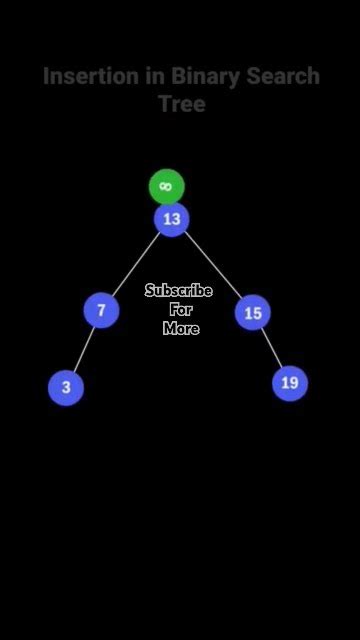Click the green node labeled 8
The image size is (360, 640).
coord(167,186)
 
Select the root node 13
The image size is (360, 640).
coord(172,219)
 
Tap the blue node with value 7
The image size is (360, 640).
coord(101,310)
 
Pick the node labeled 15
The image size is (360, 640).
coord(253,313)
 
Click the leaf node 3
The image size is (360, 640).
coord(66,387)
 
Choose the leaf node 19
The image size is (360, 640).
coord(290,382)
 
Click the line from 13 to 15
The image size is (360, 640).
coord(213,266)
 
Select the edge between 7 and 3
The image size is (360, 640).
coord(83,349)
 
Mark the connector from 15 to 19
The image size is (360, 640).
coord(271,347)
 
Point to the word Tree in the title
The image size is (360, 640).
coord(181,104)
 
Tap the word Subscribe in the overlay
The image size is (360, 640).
coord(179,291)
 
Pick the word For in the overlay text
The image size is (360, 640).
coord(181,310)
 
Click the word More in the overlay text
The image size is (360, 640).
coord(181,328)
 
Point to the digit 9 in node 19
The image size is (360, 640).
coord(294,382)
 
